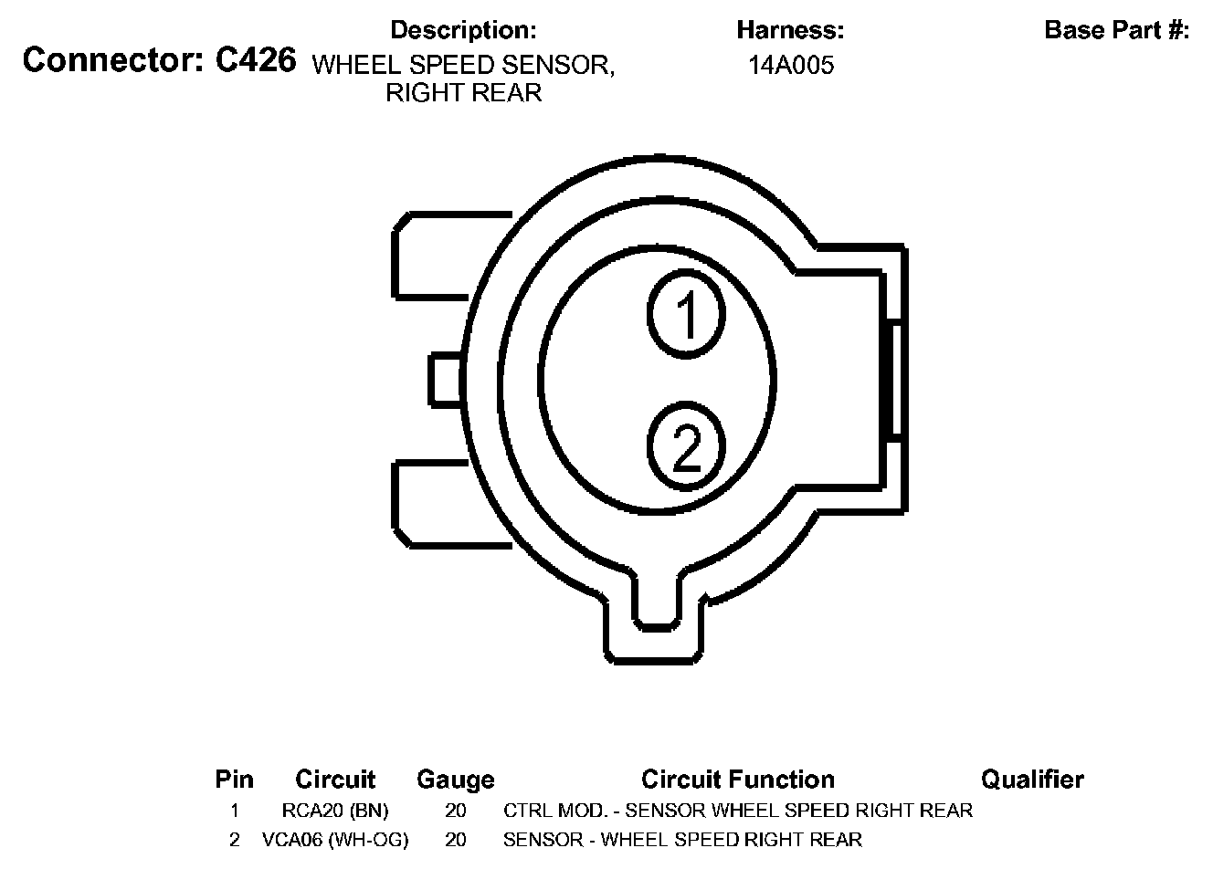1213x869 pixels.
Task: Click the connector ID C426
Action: (x=256, y=60)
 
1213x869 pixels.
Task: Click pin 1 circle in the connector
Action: (x=686, y=313)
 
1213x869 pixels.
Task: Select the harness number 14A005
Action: (x=791, y=66)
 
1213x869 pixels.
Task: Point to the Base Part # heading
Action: (x=1116, y=30)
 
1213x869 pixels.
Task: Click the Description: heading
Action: (x=463, y=30)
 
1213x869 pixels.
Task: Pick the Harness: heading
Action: (x=790, y=30)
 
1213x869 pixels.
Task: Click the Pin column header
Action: (x=234, y=780)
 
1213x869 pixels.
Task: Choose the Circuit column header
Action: (x=335, y=780)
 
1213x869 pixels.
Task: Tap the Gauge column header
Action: (x=455, y=780)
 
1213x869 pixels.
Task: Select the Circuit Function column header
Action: (x=737, y=780)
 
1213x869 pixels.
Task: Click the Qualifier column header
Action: (x=1032, y=780)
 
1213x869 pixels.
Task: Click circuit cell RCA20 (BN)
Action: (x=335, y=811)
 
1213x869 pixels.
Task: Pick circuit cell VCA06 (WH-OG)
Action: (x=335, y=840)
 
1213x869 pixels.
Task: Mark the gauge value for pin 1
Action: (x=455, y=811)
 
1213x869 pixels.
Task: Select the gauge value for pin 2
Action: (x=455, y=840)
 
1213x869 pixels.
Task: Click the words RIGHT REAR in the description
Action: (x=464, y=93)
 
